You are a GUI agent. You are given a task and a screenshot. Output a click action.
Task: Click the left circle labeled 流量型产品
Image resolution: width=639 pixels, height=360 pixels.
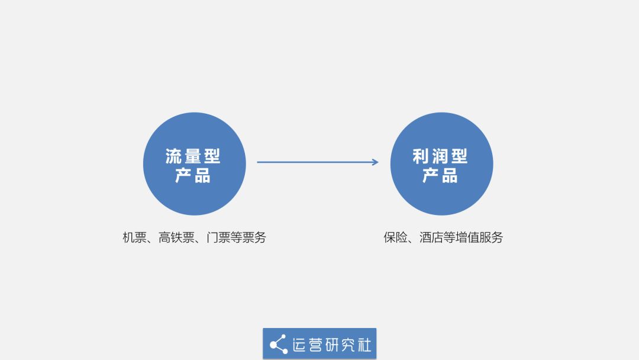coord(195,164)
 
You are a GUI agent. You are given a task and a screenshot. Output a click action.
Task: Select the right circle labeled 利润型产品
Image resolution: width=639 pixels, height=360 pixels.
coord(442,164)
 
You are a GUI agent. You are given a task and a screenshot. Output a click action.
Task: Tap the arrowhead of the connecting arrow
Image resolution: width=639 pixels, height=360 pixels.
coord(375,162)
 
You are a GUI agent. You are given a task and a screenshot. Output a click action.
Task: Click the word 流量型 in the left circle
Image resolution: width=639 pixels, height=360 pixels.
coord(193,156)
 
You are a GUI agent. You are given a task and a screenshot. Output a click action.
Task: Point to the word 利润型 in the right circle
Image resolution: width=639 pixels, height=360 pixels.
coord(440,156)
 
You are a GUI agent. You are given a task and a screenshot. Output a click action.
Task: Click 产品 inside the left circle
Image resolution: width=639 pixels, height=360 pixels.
coord(193,176)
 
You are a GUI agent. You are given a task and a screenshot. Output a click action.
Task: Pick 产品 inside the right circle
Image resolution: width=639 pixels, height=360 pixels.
coord(440,176)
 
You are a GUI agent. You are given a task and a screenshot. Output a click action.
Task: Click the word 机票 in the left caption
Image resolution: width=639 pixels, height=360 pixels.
coord(134,237)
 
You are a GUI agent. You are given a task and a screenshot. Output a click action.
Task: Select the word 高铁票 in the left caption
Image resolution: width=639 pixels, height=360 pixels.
coord(176,237)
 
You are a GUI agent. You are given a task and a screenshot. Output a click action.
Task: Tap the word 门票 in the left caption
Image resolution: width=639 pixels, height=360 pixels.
coord(218,237)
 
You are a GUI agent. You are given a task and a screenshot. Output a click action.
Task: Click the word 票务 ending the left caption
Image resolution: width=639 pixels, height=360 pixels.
coord(254,237)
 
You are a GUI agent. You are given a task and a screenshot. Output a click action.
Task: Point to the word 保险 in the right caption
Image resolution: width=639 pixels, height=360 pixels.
coord(395,237)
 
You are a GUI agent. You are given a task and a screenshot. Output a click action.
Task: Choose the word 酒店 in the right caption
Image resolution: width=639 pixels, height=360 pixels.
coord(431,237)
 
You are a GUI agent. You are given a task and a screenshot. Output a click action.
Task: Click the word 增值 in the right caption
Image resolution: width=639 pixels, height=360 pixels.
coord(467,237)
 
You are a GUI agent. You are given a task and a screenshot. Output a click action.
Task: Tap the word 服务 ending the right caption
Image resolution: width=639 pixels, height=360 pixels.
coord(491,237)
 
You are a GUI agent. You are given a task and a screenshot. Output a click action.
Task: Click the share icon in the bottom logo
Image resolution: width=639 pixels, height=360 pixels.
coord(279,345)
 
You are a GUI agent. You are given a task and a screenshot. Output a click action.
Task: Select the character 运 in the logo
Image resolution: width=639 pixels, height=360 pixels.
coord(299,345)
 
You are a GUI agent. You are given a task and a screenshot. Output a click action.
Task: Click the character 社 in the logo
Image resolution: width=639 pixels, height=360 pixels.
coord(364,345)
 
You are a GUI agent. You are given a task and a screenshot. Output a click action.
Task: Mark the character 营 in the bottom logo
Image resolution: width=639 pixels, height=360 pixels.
coord(315,345)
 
